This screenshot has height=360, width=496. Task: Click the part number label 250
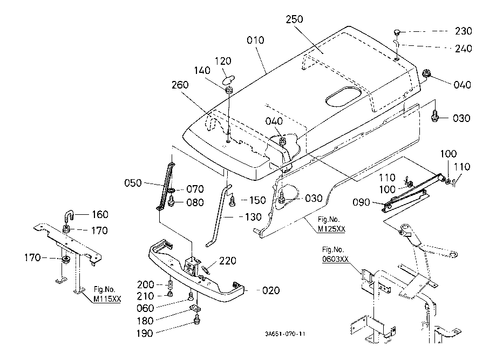pyautogui.click(x=294, y=19)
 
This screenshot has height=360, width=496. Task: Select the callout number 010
pyautogui.click(x=255, y=40)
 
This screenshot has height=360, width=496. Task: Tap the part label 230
pyautogui.click(x=464, y=31)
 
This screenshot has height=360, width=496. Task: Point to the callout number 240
pyautogui.click(x=464, y=49)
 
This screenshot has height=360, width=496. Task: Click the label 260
pyautogui.click(x=180, y=85)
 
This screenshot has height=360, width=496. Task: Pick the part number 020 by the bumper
pyautogui.click(x=271, y=290)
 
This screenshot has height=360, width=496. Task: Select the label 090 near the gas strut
pyautogui.click(x=361, y=202)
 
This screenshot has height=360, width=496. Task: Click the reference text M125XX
pyautogui.click(x=331, y=229)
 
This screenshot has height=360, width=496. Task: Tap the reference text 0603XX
pyautogui.click(x=335, y=259)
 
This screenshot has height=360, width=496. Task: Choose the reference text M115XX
pyautogui.click(x=107, y=298)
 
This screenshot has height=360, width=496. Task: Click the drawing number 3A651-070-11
pyautogui.click(x=286, y=334)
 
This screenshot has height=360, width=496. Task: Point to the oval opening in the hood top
pyautogui.click(x=344, y=96)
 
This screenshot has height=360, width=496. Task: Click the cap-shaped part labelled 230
pyautogui.click(x=397, y=32)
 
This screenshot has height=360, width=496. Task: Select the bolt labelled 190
pyautogui.click(x=197, y=320)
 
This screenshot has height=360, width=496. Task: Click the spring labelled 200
pyautogui.click(x=170, y=284)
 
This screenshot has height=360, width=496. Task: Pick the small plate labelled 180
pyautogui.click(x=195, y=308)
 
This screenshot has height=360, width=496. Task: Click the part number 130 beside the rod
pyautogui.click(x=253, y=217)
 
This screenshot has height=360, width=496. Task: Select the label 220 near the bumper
pyautogui.click(x=227, y=261)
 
